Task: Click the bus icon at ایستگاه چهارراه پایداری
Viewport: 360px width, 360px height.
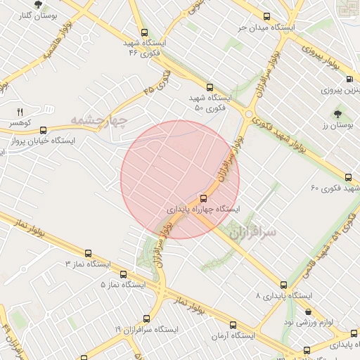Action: tap(204, 198)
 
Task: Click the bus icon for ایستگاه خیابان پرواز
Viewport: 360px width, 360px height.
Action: tap(44, 129)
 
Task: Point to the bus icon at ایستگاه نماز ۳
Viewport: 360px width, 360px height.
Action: tap(88, 253)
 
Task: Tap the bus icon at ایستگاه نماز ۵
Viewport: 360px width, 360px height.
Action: tap(124, 274)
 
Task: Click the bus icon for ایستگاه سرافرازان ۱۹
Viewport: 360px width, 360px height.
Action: tap(146, 319)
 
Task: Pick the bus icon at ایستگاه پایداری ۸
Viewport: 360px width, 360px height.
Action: tap(283, 285)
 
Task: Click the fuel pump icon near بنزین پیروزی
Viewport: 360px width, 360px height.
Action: tap(332, 78)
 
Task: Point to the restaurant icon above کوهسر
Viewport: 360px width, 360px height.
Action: tap(20, 111)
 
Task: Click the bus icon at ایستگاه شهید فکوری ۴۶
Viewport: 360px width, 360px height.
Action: tap(144, 32)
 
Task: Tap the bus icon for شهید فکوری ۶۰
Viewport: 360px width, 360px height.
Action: tap(349, 177)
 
